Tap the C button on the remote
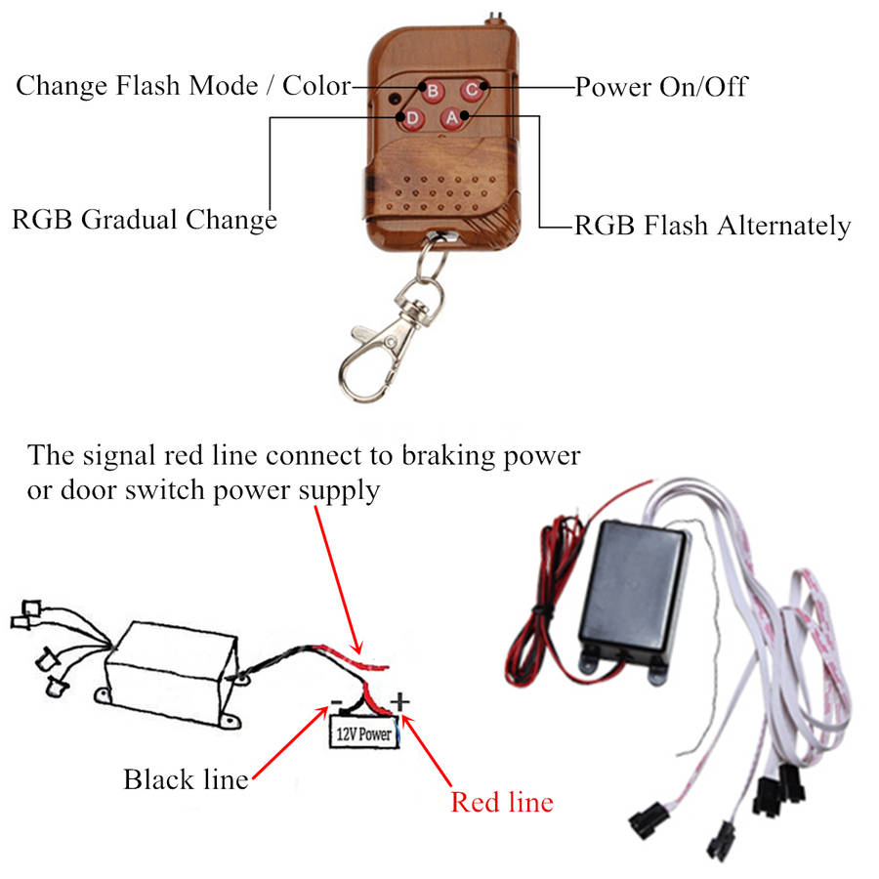pos(471,90)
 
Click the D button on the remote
pos(413,119)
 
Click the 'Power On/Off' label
pos(660,87)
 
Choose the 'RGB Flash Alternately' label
pos(712,226)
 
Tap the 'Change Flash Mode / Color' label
pos(183,85)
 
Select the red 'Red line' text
pos(502,802)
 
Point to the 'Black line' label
pos(186,779)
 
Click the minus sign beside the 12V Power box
pos(335,701)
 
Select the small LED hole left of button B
pos(394,99)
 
